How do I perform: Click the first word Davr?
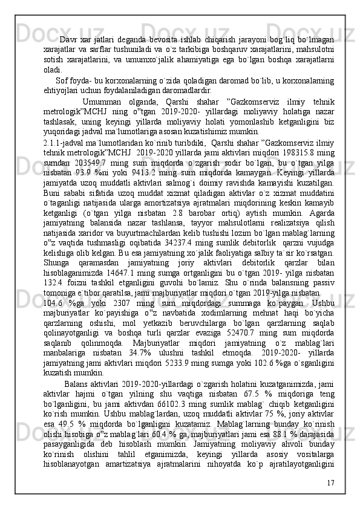pos(70,41)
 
